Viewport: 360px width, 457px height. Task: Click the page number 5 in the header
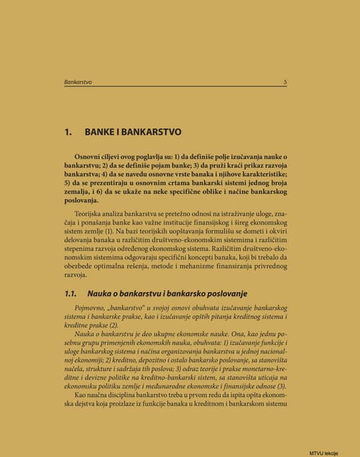[x=285, y=82]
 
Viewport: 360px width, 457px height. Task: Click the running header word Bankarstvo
[x=78, y=82]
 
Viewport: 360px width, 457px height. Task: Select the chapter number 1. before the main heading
[x=69, y=133]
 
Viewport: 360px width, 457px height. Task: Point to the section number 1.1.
[x=70, y=293]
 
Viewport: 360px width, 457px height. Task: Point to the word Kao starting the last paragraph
[x=81, y=394]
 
